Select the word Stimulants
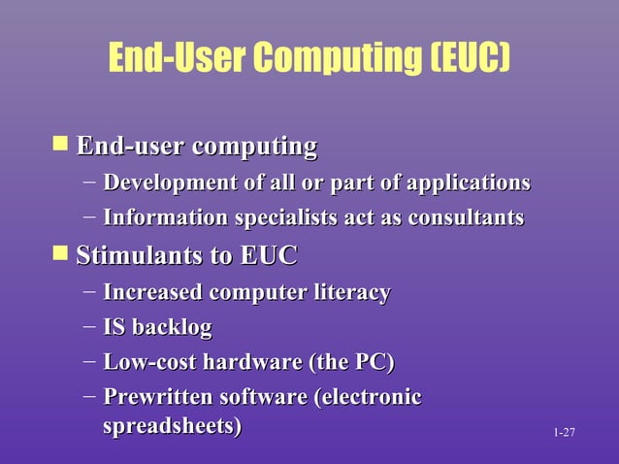tap(130, 257)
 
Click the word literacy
tap(348, 292)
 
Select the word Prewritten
tap(158, 398)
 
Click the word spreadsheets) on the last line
tap(172, 427)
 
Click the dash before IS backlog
tap(89, 327)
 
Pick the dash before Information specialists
tap(89, 216)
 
